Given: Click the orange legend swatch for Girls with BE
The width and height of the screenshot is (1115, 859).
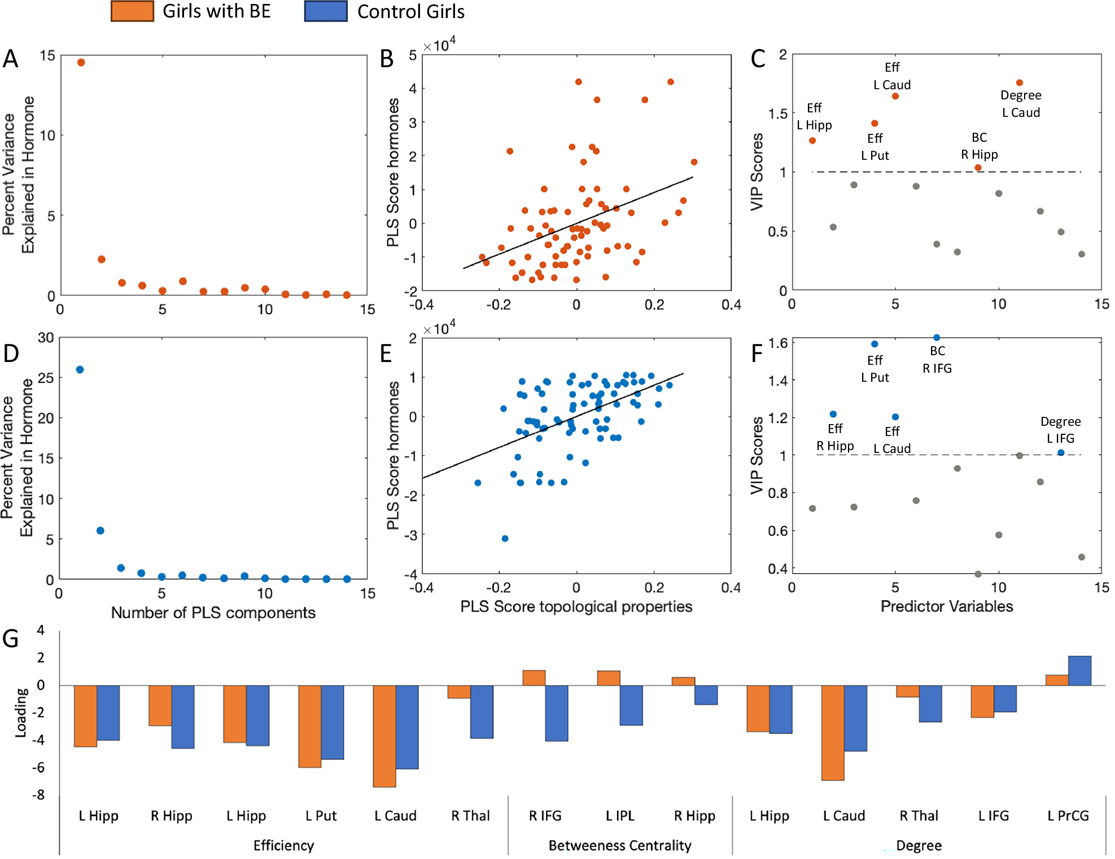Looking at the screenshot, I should coord(132,11).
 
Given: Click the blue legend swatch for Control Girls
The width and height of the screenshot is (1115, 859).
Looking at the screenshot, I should coord(326,11).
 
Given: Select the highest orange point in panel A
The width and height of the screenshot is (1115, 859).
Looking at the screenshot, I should coord(81,63).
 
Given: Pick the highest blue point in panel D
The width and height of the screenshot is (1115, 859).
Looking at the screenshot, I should coord(80,369).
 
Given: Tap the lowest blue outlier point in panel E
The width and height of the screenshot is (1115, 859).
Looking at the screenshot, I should coord(505,538).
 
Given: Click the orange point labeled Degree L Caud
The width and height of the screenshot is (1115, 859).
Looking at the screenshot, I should coord(1020,83).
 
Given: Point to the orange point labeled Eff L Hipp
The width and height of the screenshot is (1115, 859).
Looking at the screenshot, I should coord(812,141).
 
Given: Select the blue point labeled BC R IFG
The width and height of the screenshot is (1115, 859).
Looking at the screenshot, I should coord(937,338).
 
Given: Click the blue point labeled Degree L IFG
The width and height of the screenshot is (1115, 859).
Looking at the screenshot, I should coord(1061,452).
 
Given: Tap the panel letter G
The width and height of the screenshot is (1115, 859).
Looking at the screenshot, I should coord(11,639).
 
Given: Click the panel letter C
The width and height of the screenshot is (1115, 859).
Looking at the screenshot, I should coord(758,59).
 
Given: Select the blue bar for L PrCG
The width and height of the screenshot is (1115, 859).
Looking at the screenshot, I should coord(1079,671).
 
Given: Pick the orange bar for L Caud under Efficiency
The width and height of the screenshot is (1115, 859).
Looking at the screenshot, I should coord(384,735).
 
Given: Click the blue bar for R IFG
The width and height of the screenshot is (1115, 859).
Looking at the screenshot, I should coord(557,713).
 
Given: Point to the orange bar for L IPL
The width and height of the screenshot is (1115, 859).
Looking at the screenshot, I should coord(609,678).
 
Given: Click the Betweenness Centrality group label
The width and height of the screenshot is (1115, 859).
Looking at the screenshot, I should coord(620,845).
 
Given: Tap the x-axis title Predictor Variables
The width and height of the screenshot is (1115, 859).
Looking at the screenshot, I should coord(947,607).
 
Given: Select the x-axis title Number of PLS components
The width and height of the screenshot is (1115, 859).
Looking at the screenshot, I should coord(213,613).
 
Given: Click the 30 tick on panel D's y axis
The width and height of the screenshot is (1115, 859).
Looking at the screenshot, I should coord(46,338).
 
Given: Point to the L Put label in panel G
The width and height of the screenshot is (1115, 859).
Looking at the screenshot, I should coord(321,816).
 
